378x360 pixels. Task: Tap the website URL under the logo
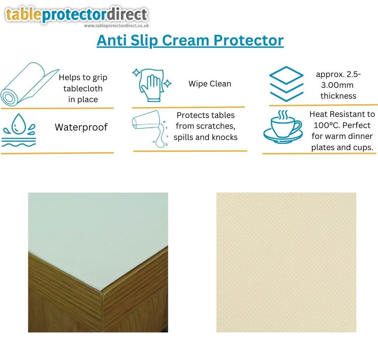pyautogui.click(x=116, y=26)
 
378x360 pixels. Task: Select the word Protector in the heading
pyautogui.click(x=248, y=40)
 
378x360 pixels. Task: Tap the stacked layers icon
pyautogui.click(x=286, y=84)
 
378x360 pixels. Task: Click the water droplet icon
pyautogui.click(x=19, y=130)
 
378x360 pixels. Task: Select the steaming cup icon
pyautogui.click(x=283, y=127)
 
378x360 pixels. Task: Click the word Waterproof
pyautogui.click(x=81, y=127)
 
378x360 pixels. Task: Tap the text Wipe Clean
pyautogui.click(x=210, y=84)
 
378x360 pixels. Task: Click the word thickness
pyautogui.click(x=338, y=96)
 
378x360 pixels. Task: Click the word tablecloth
pyautogui.click(x=83, y=89)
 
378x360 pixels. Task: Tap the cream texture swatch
pyautogui.click(x=286, y=262)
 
